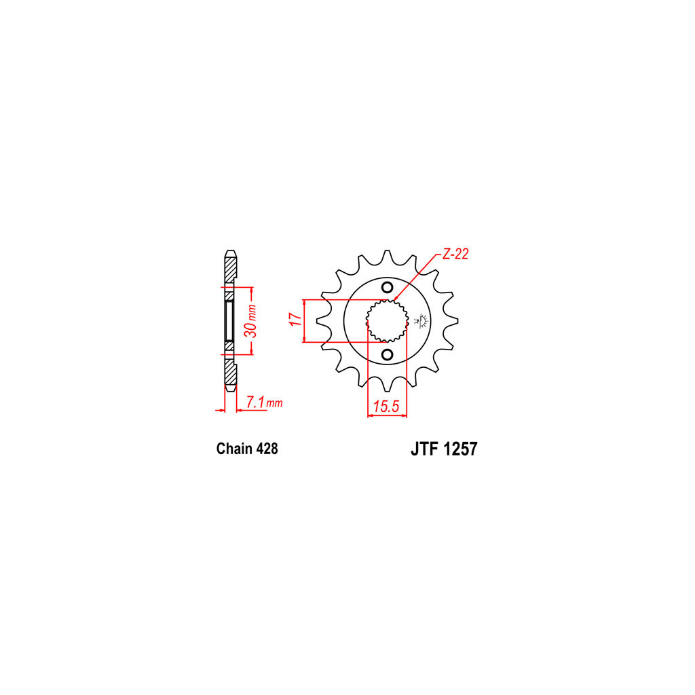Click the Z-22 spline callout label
tap(455, 254)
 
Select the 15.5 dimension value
tap(386, 406)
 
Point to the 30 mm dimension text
tap(251, 321)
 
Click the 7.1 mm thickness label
tap(264, 402)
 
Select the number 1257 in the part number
tap(461, 449)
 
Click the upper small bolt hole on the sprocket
tap(388, 287)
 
